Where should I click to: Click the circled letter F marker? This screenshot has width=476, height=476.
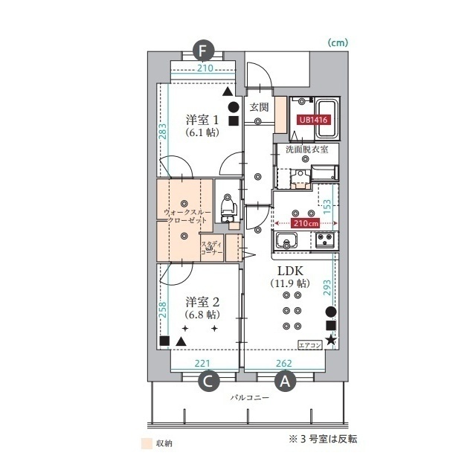pos(204,51)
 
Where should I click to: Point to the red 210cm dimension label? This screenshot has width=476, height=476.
pos(304,222)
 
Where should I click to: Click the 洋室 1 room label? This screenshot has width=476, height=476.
pos(201,120)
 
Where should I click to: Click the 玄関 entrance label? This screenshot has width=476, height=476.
pos(259,107)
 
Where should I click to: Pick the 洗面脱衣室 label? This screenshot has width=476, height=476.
pos(307,149)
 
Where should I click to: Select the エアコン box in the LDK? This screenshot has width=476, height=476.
pos(310,345)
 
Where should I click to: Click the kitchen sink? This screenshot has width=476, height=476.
pos(287,241)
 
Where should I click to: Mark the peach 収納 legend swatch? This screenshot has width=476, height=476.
pos(147,443)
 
